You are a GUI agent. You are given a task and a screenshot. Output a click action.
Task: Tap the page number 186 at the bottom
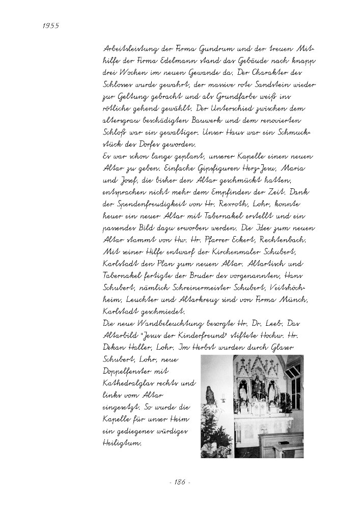[x=179, y=481]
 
